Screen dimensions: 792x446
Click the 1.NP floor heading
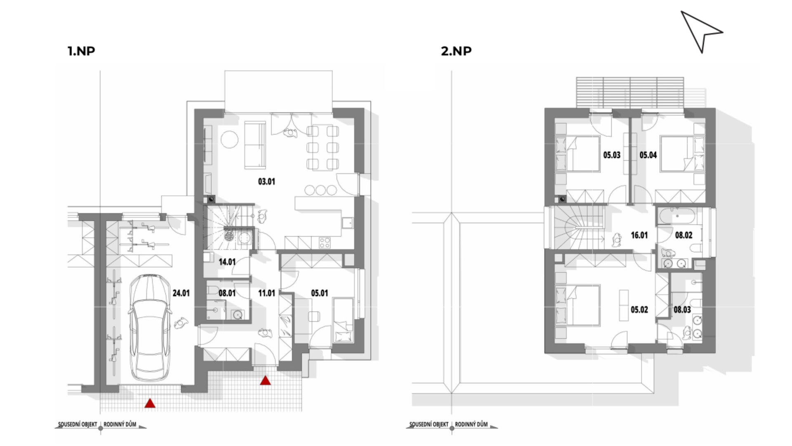coord(81,51)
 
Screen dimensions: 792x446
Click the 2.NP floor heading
coord(456,51)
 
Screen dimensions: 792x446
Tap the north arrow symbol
coord(701,31)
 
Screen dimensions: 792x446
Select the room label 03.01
coord(266,181)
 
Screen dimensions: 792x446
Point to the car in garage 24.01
coord(150,327)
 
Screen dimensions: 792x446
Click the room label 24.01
coord(181,293)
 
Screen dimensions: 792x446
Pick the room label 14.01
coord(227,262)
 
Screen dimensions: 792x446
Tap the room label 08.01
coord(227,293)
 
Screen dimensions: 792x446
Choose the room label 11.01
coord(266,293)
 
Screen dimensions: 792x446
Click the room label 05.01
coord(319,293)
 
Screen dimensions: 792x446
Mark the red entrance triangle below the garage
coord(150,403)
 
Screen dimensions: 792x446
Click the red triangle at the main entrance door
coord(265,380)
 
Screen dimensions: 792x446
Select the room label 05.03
coord(612,155)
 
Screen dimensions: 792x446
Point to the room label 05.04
coord(648,155)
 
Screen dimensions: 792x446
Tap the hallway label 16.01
coord(639,235)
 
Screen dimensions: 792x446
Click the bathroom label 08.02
coord(684,235)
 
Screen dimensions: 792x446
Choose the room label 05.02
coord(639,310)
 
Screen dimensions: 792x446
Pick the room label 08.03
coord(682,310)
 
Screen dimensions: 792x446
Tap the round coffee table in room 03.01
coord(229,140)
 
